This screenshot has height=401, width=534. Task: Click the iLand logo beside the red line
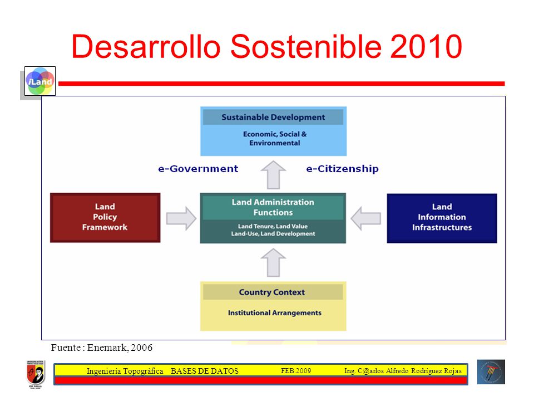[x=40, y=81]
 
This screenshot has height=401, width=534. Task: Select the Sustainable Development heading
[x=273, y=118]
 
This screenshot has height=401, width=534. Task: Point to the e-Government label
[x=198, y=169]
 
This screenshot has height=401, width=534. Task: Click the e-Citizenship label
[x=342, y=169]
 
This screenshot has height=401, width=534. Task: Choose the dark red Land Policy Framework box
[x=105, y=218]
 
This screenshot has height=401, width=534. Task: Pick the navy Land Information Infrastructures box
[x=442, y=218]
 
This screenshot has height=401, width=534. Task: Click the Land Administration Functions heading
[x=273, y=207]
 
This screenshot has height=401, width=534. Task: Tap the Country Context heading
[x=272, y=292]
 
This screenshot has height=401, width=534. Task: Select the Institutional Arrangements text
[x=274, y=312]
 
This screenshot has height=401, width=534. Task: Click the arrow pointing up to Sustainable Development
[x=273, y=175]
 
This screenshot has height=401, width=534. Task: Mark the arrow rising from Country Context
[x=273, y=262]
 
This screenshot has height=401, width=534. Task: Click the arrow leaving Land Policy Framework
[x=181, y=218]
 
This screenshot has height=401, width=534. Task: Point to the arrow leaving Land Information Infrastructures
[x=366, y=218]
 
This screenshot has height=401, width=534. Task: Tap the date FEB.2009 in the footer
[x=296, y=371]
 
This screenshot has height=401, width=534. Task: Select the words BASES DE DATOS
[x=204, y=371]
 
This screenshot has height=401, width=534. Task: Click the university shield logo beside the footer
[x=36, y=374]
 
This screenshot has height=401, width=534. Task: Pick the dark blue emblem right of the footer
[x=491, y=372]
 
